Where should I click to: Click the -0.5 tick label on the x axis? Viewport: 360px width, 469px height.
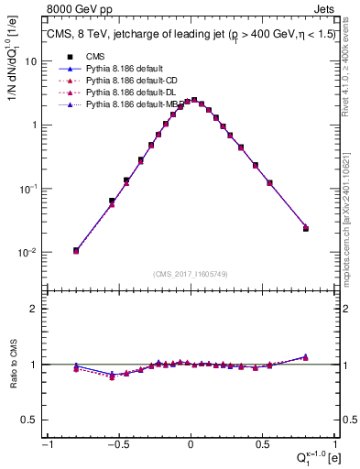click(x=116, y=444)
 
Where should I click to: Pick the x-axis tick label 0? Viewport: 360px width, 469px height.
click(x=191, y=444)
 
